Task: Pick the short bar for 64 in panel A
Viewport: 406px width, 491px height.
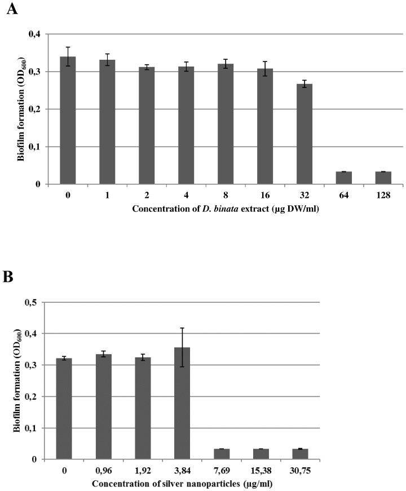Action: tap(344, 178)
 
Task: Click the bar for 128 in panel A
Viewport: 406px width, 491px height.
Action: tap(383, 178)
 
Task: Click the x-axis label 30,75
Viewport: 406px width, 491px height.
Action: tap(300, 470)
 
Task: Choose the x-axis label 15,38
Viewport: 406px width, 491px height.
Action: tap(261, 470)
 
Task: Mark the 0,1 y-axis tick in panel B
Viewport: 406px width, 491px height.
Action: tap(34, 428)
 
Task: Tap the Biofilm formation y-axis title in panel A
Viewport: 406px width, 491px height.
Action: tap(21, 109)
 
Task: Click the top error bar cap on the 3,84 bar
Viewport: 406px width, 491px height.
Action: tap(182, 328)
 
